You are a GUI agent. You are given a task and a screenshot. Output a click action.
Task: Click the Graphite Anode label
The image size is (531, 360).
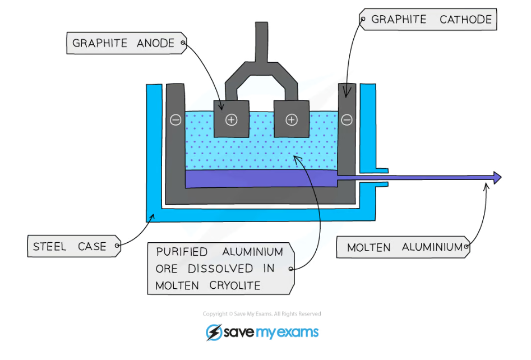click(x=124, y=43)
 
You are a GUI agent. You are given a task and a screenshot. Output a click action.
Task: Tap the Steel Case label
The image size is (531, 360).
click(x=70, y=246)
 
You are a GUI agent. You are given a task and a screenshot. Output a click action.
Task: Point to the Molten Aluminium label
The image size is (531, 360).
click(x=404, y=247)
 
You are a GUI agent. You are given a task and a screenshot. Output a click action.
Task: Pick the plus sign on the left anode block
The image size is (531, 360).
click(x=232, y=119)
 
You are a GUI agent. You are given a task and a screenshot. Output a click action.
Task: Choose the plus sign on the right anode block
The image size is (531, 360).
click(x=291, y=119)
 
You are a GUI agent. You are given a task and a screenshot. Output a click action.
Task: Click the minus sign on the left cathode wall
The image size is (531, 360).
click(x=176, y=119)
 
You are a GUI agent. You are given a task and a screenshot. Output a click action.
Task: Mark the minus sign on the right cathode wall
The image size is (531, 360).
click(x=347, y=119)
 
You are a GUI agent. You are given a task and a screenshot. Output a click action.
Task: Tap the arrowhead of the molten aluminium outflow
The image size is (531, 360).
click(x=496, y=178)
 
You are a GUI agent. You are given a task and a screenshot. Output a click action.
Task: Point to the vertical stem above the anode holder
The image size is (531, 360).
click(x=262, y=42)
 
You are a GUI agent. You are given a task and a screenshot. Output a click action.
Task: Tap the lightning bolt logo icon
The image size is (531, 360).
click(x=214, y=333)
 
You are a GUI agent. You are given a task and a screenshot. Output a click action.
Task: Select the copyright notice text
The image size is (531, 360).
click(x=262, y=314)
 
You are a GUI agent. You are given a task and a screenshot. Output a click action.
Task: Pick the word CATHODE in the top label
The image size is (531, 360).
click(x=465, y=20)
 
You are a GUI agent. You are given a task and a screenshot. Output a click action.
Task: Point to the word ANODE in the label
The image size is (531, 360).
click(x=155, y=43)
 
